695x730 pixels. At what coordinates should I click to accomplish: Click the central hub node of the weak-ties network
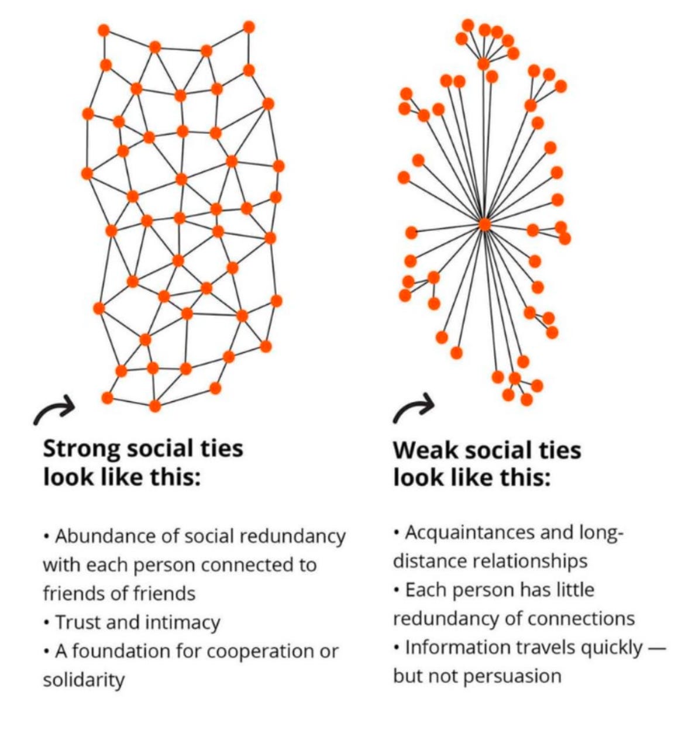coord(484,224)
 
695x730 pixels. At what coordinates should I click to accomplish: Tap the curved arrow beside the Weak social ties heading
coord(414,407)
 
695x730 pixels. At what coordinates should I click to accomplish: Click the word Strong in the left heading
coord(81,449)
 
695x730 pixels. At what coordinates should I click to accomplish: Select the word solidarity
coord(84,680)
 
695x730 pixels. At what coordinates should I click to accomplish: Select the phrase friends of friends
coord(119,594)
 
